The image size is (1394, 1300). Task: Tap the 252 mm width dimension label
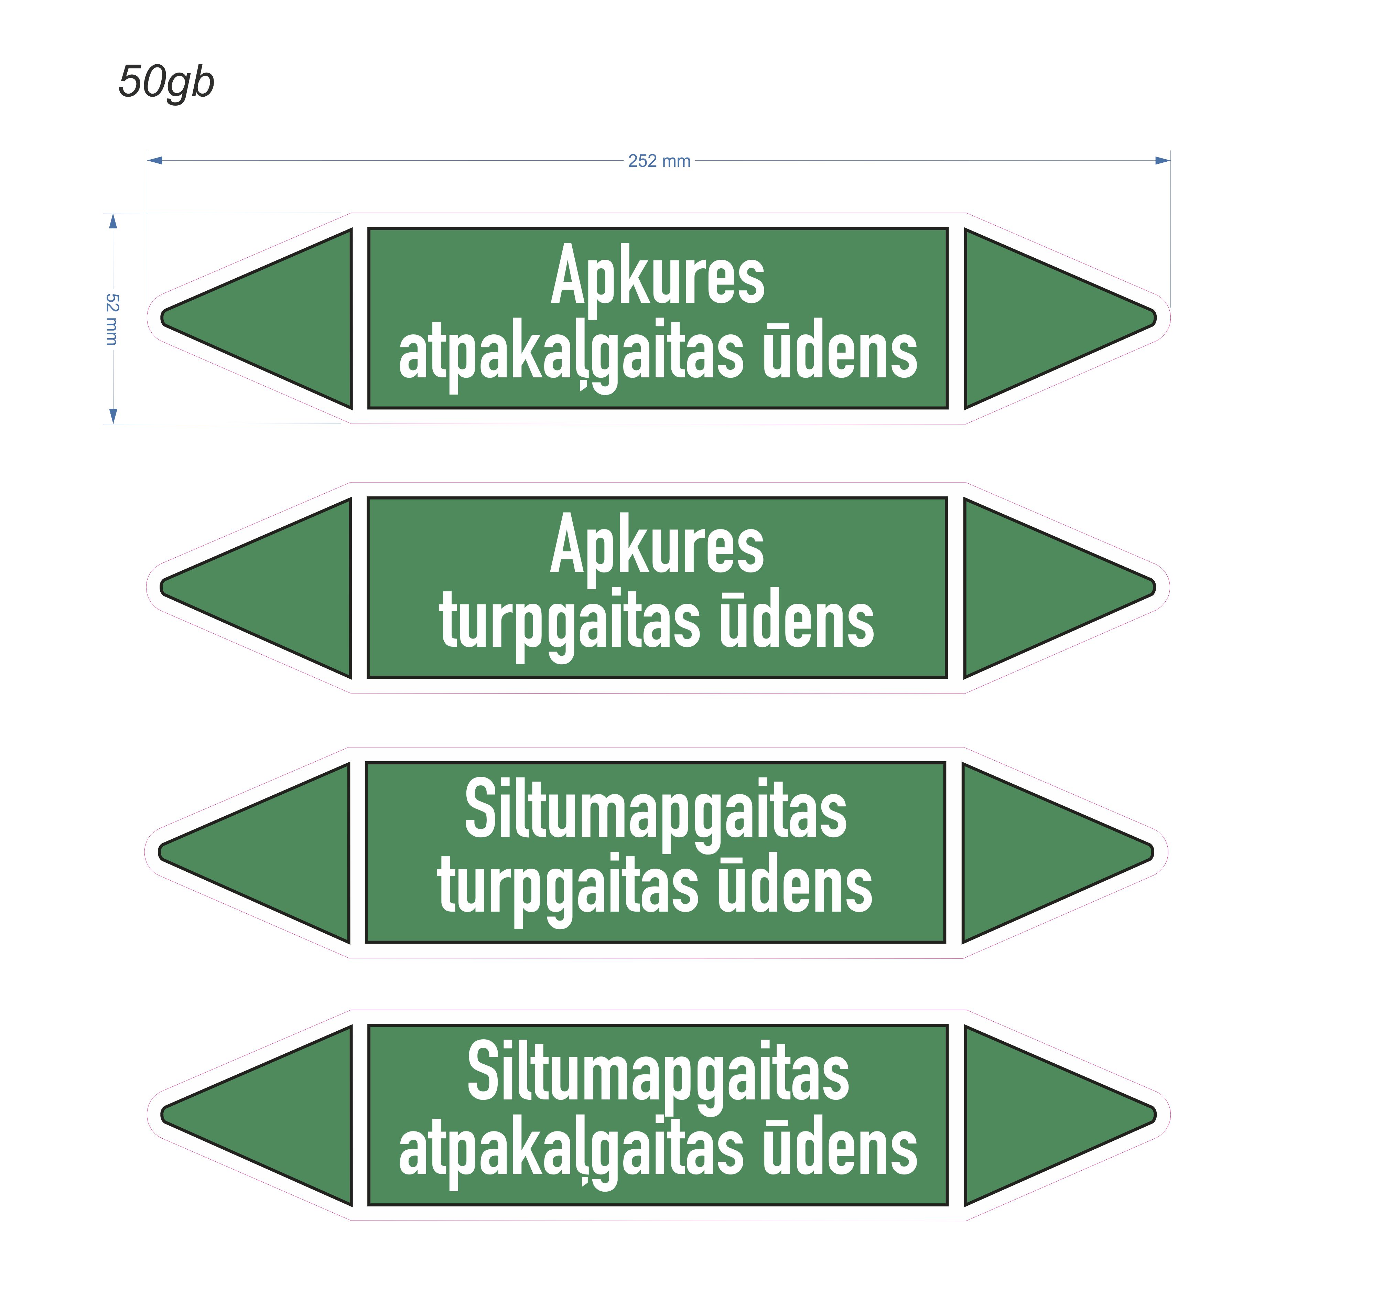point(659,161)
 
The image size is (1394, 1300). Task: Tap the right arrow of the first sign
point(1060,318)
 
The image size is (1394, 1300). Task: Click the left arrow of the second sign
point(256,588)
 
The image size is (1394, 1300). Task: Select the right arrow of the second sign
point(1060,588)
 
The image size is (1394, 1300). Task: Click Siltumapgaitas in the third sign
point(656,813)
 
